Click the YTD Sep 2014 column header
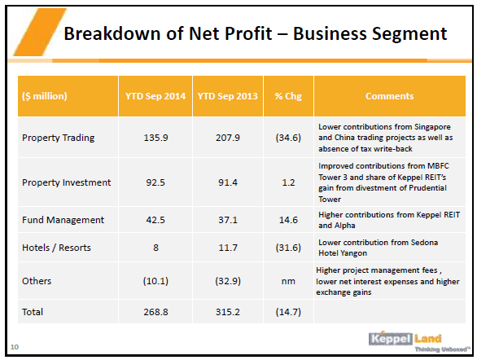(x=155, y=96)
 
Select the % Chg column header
(x=288, y=96)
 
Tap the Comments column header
(x=389, y=96)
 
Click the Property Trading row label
(x=59, y=138)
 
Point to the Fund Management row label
(x=63, y=220)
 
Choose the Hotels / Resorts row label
(x=57, y=248)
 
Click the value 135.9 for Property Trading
(x=155, y=138)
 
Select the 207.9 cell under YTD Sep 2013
(x=228, y=138)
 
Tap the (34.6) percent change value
(x=288, y=138)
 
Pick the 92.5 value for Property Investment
(x=155, y=182)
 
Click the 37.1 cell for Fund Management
(x=228, y=220)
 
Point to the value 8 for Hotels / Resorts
(x=155, y=248)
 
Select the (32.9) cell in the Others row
(x=228, y=281)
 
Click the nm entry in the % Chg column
(x=288, y=281)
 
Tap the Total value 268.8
(x=155, y=312)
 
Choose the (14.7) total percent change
(x=288, y=312)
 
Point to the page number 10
(x=15, y=347)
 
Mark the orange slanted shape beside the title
(x=40, y=32)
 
